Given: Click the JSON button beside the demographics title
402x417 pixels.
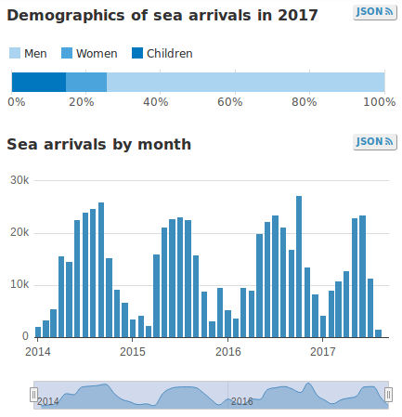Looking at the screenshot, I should [375, 12].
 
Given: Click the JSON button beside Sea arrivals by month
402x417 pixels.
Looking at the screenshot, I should [375, 141].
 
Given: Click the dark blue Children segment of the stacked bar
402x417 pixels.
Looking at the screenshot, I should [38, 82].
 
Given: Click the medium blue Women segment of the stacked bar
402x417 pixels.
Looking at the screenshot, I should [86, 82].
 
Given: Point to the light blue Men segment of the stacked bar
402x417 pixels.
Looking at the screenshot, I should [245, 82].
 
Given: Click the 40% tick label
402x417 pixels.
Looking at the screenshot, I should [155, 101].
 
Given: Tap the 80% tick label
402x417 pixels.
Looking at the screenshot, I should [305, 101].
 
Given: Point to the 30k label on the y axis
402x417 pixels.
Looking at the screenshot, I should [19, 180].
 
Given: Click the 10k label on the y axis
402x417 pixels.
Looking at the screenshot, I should [19, 284].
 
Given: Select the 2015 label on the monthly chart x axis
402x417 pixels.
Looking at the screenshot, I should [133, 352].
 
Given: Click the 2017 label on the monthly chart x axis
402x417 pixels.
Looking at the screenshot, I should [323, 352].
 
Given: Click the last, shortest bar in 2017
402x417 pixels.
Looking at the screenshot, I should [378, 332].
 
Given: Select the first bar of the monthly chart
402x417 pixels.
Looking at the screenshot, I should [38, 332].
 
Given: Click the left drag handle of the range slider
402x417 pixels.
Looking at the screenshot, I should [34, 395].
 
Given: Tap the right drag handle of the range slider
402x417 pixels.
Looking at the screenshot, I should [387, 395].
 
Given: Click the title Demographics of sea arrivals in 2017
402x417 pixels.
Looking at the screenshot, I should [162, 15].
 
